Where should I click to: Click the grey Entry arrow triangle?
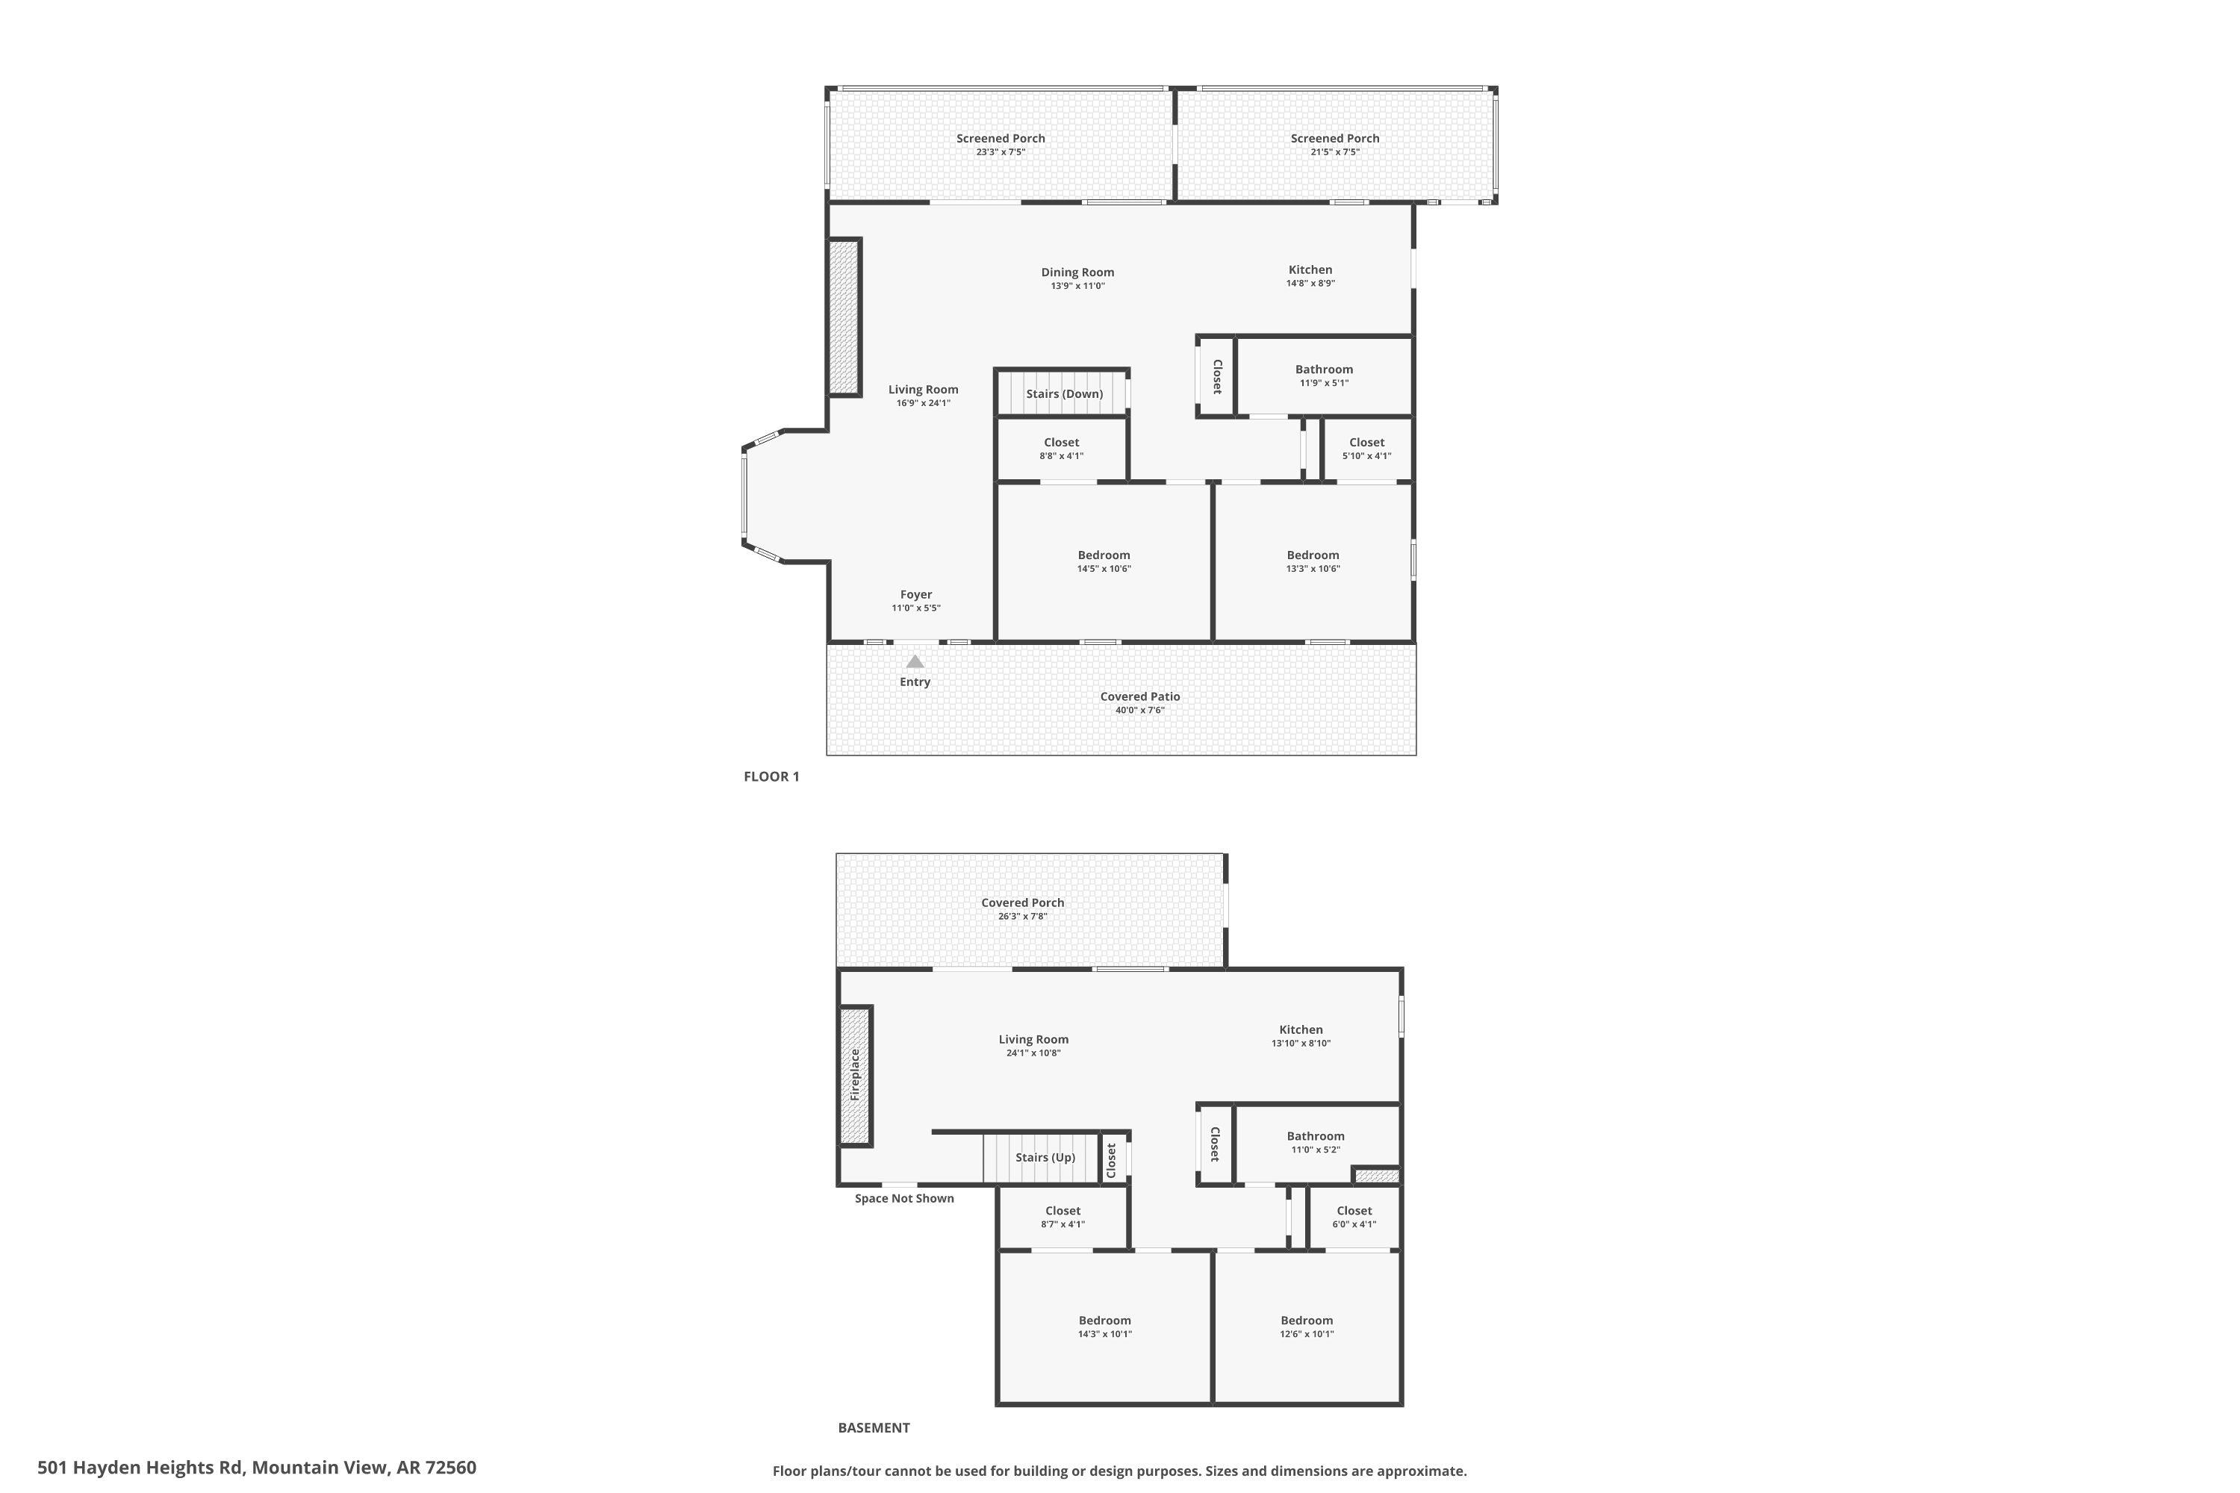click(914, 661)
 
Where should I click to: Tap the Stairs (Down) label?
click(1064, 394)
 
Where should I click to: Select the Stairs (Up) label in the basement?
click(1045, 1158)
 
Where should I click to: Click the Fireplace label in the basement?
click(855, 1075)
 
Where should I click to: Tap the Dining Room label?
click(1077, 272)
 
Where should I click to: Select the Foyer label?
click(916, 595)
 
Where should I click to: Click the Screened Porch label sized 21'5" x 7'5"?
click(1334, 139)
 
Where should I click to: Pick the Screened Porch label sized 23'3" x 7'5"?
click(1000, 139)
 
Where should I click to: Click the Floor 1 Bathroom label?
click(1324, 370)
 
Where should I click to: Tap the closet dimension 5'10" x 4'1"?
click(1366, 456)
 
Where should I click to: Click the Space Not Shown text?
click(903, 1199)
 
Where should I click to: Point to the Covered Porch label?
click(1023, 903)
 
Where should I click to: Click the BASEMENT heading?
click(874, 1428)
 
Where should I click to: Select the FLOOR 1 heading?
click(771, 777)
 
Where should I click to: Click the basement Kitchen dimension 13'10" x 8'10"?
click(1301, 1044)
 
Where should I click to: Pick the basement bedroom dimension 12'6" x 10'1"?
click(1307, 1334)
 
